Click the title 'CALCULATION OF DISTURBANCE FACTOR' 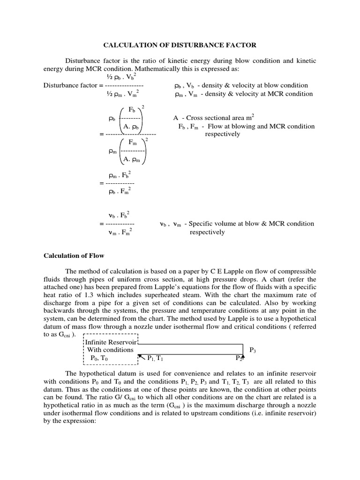[180, 45]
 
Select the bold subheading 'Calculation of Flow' [74, 255]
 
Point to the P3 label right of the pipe [253, 350]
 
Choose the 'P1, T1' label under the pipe [155, 359]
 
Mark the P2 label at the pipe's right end [239, 359]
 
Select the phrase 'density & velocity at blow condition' [254, 85]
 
